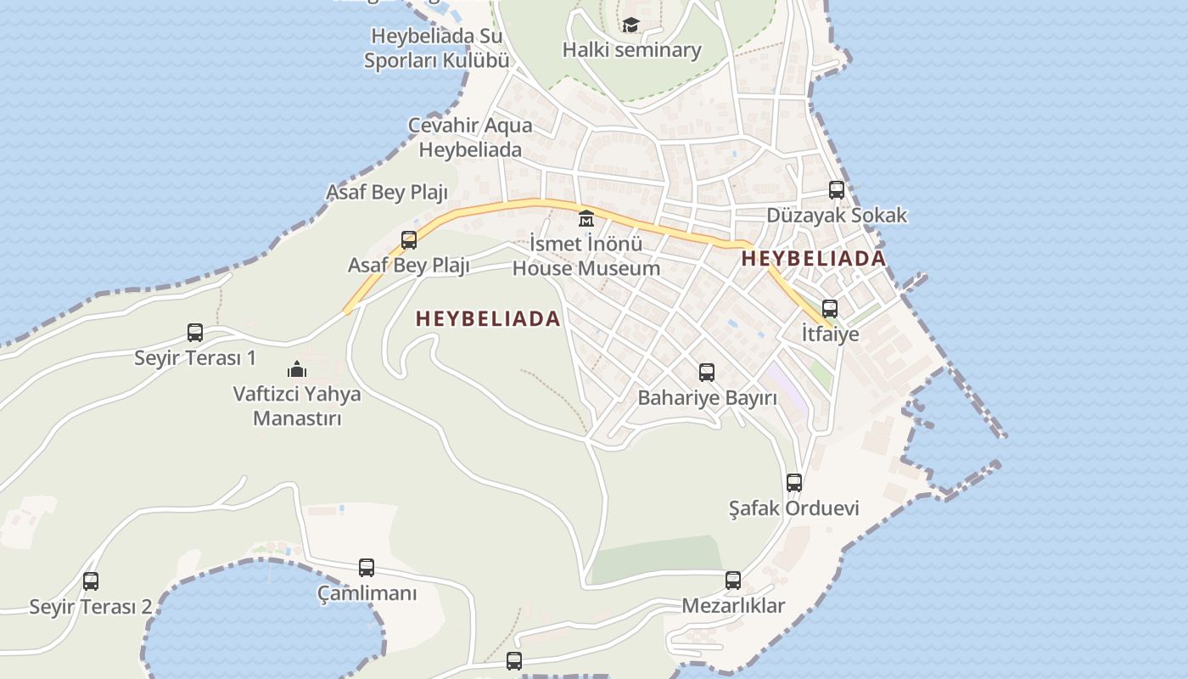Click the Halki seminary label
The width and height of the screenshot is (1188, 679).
[x=631, y=50]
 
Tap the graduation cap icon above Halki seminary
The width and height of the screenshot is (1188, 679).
[x=630, y=25]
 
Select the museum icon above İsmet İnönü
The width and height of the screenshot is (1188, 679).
[x=586, y=219]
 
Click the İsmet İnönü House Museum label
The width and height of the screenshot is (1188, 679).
[x=586, y=256]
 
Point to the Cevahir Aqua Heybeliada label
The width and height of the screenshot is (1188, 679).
[x=470, y=137]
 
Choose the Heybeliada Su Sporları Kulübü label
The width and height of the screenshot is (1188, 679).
[x=437, y=48]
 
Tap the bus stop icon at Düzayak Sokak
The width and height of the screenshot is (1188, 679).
[x=837, y=190]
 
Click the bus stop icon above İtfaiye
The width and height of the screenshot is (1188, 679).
[x=830, y=309]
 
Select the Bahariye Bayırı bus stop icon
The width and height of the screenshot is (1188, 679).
[x=707, y=372]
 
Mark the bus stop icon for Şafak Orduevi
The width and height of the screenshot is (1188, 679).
[x=794, y=483]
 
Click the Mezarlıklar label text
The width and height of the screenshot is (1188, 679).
[x=733, y=606]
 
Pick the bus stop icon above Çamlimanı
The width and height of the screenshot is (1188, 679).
[x=367, y=568]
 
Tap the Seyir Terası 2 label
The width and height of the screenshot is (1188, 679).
[x=91, y=607]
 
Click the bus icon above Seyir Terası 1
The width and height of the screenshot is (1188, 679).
[x=195, y=333]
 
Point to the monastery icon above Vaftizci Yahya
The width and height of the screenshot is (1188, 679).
[x=296, y=369]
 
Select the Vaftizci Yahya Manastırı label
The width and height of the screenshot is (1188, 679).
[x=296, y=406]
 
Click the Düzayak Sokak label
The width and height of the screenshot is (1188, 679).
[x=837, y=216]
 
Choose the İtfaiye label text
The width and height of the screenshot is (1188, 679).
[x=830, y=334]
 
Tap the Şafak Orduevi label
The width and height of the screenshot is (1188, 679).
[x=794, y=508]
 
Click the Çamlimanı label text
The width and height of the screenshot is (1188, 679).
[x=367, y=593]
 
